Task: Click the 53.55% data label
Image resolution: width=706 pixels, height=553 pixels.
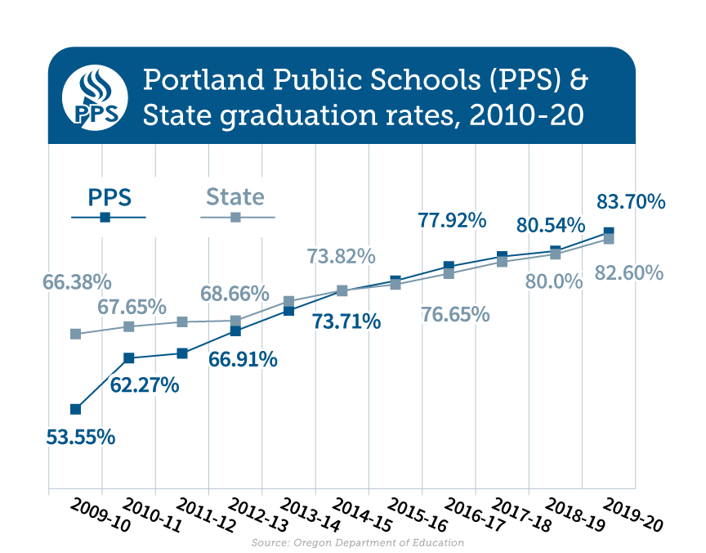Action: pos(80,437)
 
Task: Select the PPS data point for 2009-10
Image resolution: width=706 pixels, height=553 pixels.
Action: pos(76,409)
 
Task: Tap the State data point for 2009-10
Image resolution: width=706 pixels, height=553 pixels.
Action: pos(76,334)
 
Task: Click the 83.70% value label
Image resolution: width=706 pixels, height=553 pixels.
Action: pos(631,201)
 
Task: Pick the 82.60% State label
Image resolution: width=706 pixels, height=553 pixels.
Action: pos(628,272)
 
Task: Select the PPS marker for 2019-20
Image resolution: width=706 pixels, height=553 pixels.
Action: pos(608,232)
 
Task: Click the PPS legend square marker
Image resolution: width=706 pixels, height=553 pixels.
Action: pos(105,218)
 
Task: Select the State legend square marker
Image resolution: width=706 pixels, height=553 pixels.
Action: pos(235,218)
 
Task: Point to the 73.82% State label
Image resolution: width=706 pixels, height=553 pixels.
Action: pos(341,256)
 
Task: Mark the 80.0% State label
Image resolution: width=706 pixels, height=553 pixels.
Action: pos(554,282)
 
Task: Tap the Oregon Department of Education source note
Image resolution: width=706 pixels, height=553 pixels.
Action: pos(358,542)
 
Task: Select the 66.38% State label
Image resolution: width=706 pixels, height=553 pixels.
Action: pos(76,282)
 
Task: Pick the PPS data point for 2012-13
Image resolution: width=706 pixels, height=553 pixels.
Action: pos(235,331)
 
